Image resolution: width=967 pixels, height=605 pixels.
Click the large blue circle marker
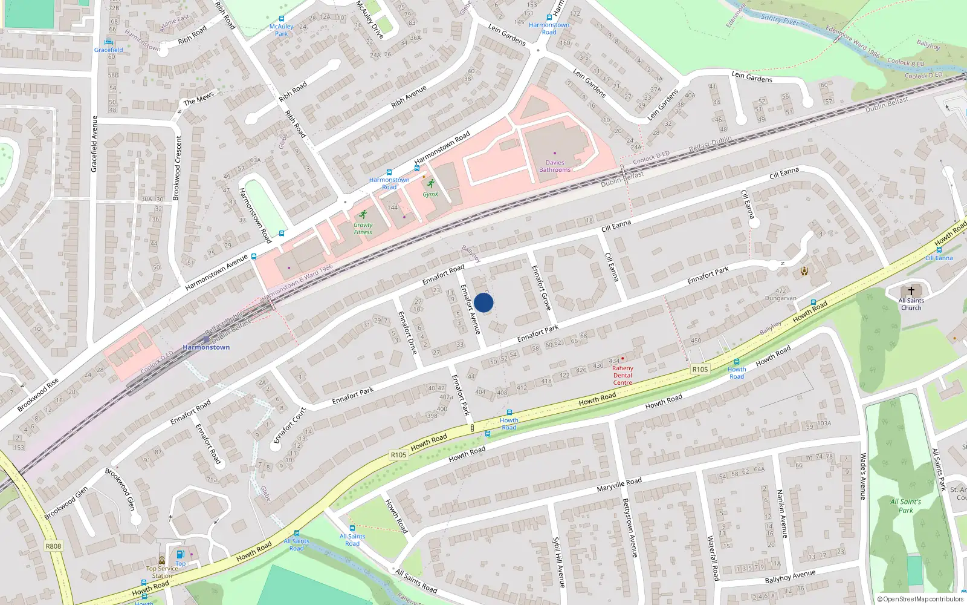pyautogui.click(x=483, y=302)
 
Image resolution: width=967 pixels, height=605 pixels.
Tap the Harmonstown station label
pyautogui.click(x=206, y=347)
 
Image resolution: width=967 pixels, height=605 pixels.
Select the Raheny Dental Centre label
pyautogui.click(x=623, y=375)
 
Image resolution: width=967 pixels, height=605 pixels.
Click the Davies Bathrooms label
pyautogui.click(x=554, y=166)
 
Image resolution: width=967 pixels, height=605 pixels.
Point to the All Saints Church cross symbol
pyautogui.click(x=911, y=291)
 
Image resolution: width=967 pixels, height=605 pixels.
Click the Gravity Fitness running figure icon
pyautogui.click(x=363, y=214)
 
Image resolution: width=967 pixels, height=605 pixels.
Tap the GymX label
pyautogui.click(x=430, y=194)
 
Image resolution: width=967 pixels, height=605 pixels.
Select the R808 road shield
pyautogui.click(x=53, y=546)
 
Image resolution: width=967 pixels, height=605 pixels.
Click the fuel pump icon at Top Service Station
pyautogui.click(x=180, y=554)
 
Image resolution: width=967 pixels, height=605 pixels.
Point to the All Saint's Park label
pyautogui.click(x=905, y=506)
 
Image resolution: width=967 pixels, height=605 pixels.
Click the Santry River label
pyautogui.click(x=780, y=20)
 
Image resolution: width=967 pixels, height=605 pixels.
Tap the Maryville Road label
pyautogui.click(x=619, y=485)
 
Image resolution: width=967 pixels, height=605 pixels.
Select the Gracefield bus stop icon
pyautogui.click(x=109, y=42)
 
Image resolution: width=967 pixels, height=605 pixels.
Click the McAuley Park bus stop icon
pyautogui.click(x=282, y=19)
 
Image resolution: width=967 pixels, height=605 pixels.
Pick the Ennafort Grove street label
pyautogui.click(x=541, y=288)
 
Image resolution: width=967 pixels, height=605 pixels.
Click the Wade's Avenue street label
pyautogui.click(x=863, y=476)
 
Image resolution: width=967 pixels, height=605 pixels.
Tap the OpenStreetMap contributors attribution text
pyautogui.click(x=920, y=599)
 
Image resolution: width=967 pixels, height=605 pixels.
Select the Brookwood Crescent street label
pyautogui.click(x=178, y=168)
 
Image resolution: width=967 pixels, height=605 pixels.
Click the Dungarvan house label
pyautogui.click(x=780, y=298)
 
